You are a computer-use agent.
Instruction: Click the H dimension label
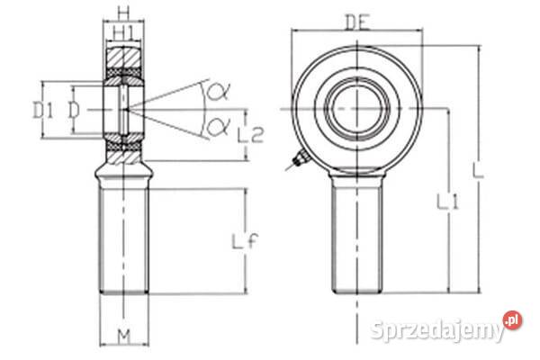(x=123, y=13)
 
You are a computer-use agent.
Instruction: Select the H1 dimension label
(x=123, y=33)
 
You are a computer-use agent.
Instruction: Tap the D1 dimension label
(x=43, y=111)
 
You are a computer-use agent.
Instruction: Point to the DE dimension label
(x=356, y=22)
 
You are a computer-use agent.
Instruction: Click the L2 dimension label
(x=250, y=135)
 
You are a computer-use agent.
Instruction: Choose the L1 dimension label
(x=447, y=202)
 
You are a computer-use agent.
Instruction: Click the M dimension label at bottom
(x=124, y=337)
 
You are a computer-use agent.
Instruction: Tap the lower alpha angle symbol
(x=218, y=126)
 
